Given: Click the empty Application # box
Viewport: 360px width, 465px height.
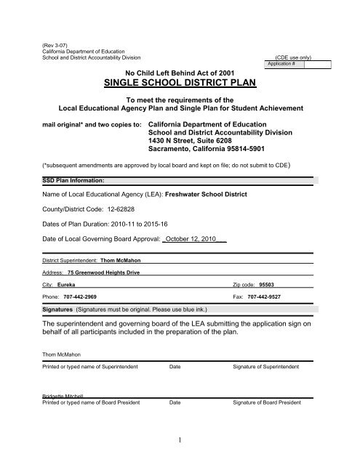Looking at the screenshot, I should [x=318, y=64].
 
